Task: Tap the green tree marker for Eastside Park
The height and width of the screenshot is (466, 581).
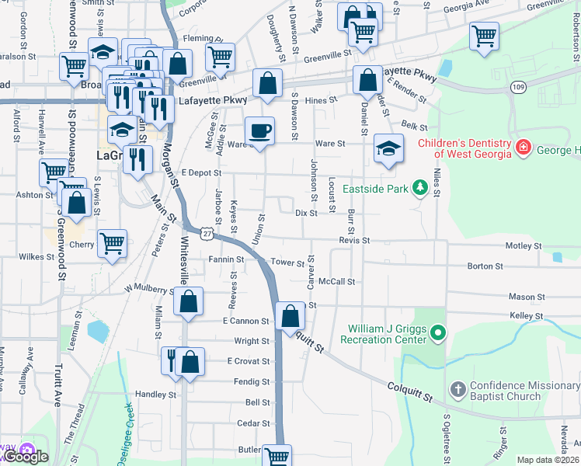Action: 420,187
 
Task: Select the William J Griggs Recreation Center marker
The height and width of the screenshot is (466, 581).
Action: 438,335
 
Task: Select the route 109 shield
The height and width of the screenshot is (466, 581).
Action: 518,88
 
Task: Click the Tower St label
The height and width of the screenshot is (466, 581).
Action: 287,263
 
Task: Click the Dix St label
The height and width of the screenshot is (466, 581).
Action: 306,212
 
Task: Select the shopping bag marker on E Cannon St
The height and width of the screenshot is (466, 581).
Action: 290,315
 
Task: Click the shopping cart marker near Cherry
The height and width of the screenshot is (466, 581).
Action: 112,243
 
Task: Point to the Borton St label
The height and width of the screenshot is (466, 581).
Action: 485,266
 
